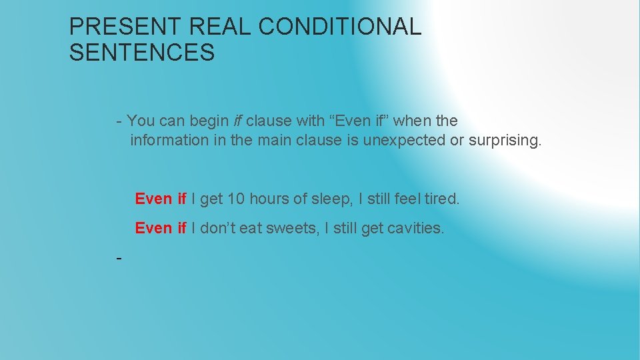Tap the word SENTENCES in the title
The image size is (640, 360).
pos(142,53)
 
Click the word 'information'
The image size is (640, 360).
pos(169,140)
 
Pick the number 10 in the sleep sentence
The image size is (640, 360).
pos(236,199)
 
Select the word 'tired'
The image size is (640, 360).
pos(442,199)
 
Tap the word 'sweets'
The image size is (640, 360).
pos(290,228)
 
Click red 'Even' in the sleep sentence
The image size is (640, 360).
pos(153,199)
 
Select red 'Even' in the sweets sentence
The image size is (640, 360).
pos(153,228)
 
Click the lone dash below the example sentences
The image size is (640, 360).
pos(119,257)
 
